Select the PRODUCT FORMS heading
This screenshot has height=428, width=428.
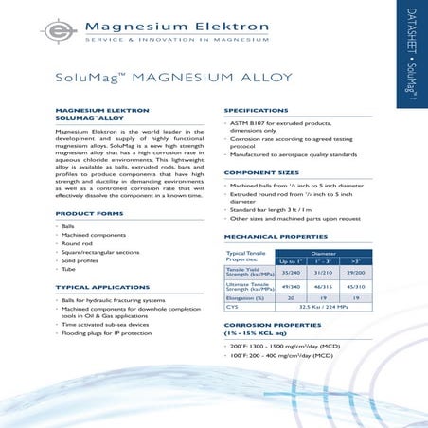[90, 214]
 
